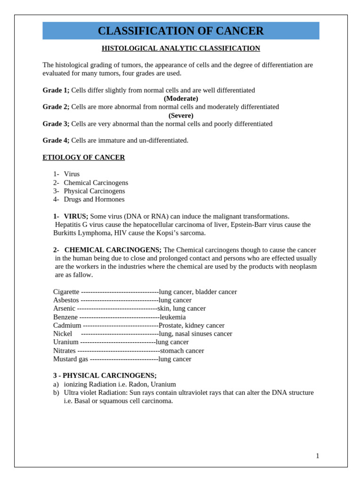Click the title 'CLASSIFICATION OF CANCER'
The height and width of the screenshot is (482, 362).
(x=181, y=31)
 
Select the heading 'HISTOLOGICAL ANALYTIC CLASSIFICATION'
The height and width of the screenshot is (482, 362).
(x=181, y=48)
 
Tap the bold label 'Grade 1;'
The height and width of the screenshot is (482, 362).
(x=56, y=90)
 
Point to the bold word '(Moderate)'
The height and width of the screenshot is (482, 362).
(x=181, y=99)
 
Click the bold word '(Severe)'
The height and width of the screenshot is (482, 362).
(x=181, y=116)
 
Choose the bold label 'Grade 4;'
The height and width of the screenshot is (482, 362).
(x=56, y=141)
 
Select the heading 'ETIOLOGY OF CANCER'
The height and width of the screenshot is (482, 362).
(x=83, y=158)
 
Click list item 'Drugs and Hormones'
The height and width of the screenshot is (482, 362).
(x=94, y=200)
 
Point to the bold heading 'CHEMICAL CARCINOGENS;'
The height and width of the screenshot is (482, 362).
(x=113, y=250)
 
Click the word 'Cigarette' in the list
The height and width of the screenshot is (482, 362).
(x=66, y=292)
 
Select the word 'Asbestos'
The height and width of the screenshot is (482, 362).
(x=66, y=300)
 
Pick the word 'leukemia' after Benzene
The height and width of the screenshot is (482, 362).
(x=173, y=317)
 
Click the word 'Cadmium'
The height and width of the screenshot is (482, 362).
(x=67, y=326)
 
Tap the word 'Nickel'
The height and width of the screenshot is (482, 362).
(x=63, y=334)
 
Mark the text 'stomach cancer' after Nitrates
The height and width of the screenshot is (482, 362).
(x=182, y=351)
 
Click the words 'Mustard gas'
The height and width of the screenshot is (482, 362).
(x=70, y=359)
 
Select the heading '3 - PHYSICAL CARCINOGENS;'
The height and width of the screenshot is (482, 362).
(x=105, y=376)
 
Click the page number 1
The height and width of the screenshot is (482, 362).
(x=317, y=456)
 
